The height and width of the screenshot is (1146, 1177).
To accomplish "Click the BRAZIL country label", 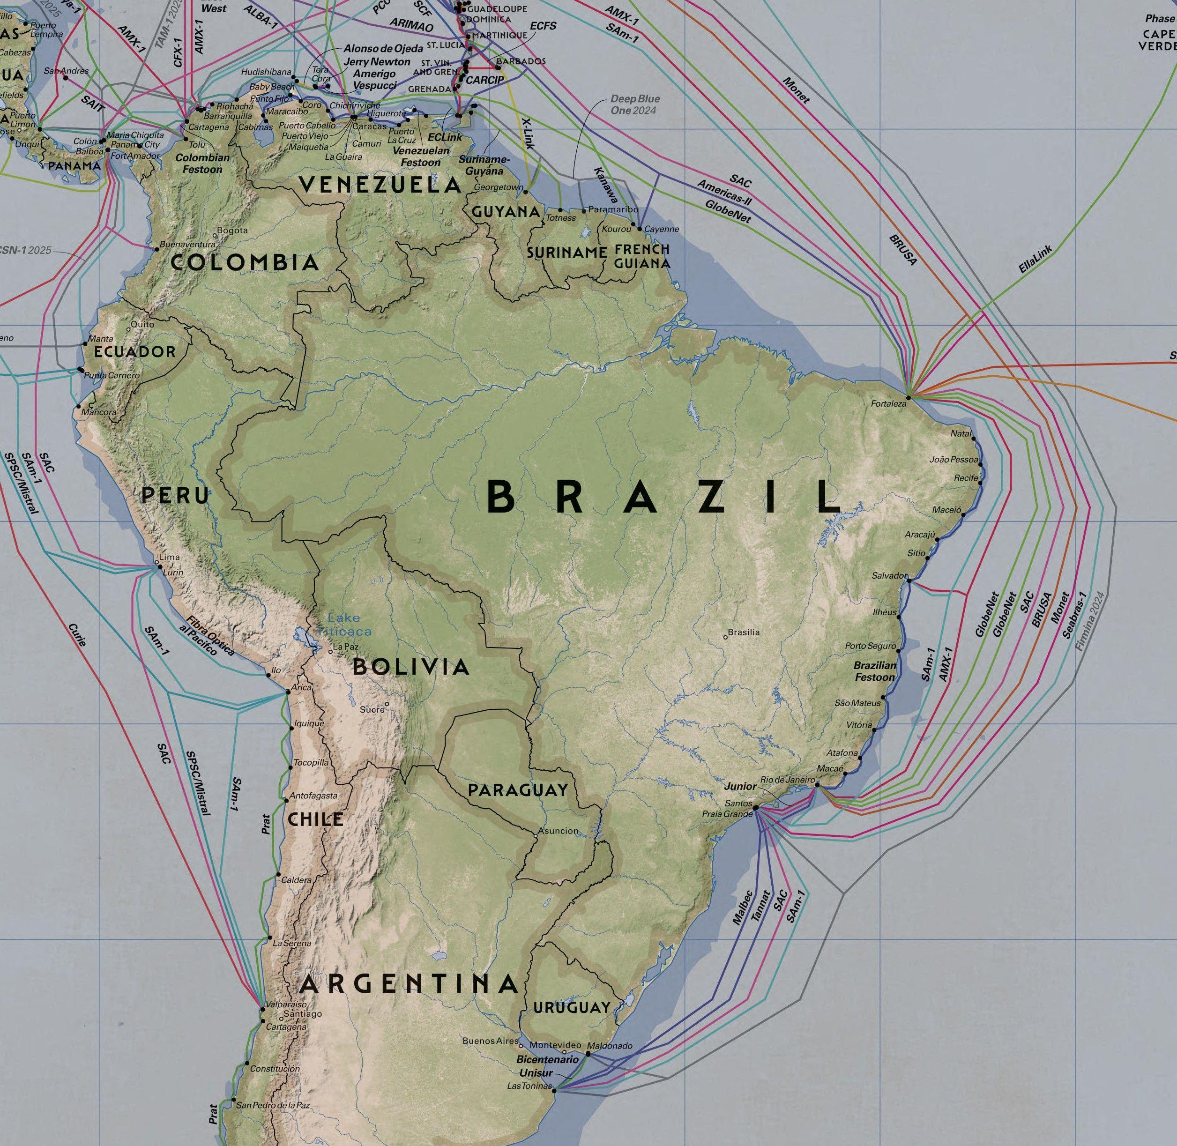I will point(662,498).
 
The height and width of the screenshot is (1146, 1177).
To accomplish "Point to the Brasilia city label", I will point(744,632).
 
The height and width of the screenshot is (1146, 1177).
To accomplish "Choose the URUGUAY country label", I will point(571,1007).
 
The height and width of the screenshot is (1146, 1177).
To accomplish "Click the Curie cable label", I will point(77,634).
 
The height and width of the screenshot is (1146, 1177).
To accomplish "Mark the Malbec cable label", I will point(742,907).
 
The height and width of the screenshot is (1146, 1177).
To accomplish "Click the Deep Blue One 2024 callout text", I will point(634,104).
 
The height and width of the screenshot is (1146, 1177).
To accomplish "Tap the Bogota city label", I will point(232,231).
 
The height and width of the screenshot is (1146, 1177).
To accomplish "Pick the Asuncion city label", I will point(558,831).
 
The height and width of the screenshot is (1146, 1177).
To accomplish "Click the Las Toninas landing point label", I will point(529,1086).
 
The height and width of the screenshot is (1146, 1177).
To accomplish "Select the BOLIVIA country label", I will point(410,667).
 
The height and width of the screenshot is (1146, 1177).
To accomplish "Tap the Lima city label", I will point(169,557).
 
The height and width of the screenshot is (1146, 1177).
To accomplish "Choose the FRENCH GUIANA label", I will point(642,256).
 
